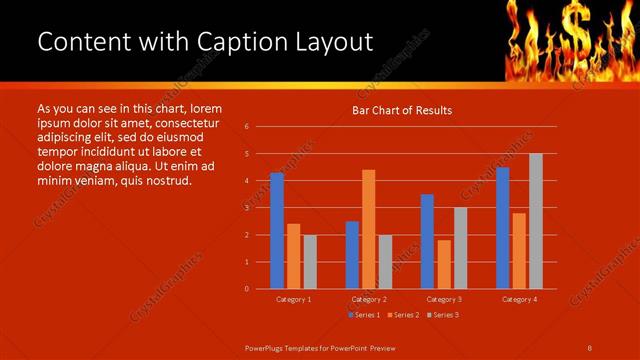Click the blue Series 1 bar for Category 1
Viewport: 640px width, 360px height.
277,231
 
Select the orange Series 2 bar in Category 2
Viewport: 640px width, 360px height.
369,229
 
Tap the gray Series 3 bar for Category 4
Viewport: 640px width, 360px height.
536,221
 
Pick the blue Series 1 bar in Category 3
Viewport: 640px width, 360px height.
427,241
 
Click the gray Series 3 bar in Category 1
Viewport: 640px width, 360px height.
310,261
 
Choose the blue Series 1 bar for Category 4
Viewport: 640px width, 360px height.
502,228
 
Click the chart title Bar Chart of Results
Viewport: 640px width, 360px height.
402,110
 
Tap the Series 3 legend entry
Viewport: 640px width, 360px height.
442,315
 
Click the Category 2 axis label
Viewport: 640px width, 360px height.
369,299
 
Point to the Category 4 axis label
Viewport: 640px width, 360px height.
519,299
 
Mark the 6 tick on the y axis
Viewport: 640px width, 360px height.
246,127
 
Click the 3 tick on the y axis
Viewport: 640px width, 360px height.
246,208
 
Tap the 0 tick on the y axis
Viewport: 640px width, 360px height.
246,289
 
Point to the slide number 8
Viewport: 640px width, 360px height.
590,347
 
